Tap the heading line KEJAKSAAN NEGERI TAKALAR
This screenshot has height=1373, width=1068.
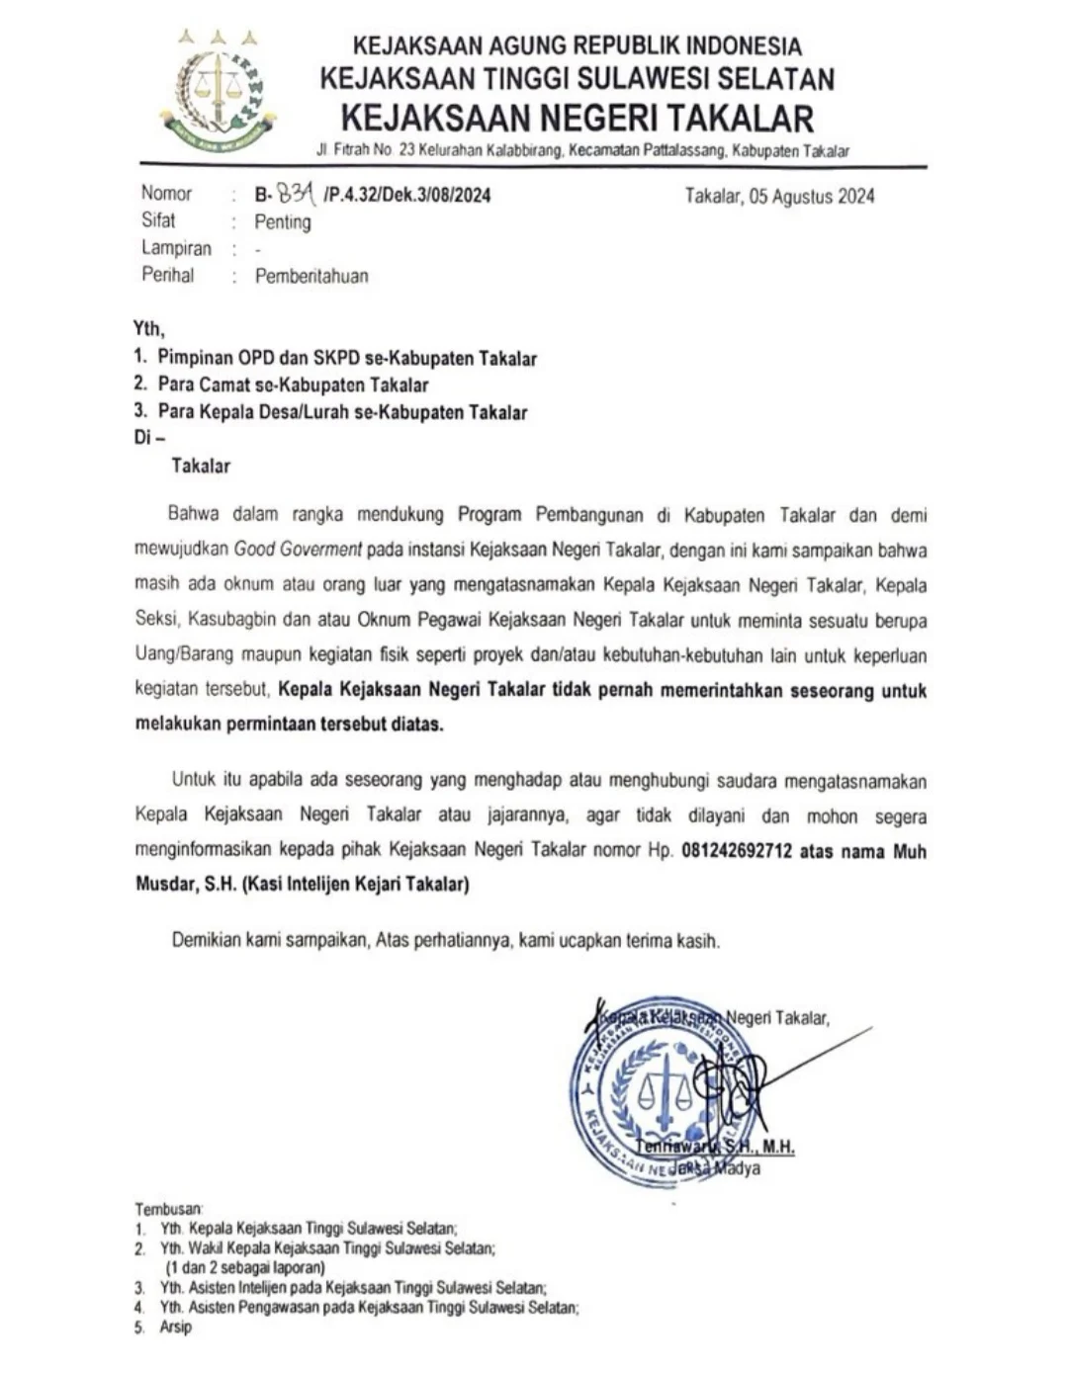(x=577, y=118)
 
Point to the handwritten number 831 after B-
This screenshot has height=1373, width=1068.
(x=296, y=193)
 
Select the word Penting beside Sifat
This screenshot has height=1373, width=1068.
(x=283, y=222)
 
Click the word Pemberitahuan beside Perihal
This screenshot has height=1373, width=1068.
(x=311, y=276)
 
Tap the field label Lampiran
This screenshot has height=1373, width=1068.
(x=176, y=249)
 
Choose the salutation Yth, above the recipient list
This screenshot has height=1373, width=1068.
(x=149, y=329)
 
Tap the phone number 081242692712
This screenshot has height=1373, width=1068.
(x=737, y=851)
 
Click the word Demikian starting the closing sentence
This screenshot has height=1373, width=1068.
(x=207, y=941)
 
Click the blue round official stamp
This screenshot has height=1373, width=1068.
(x=653, y=1092)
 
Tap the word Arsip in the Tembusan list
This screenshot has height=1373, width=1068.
(x=176, y=1328)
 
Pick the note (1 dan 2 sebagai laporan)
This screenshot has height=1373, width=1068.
(x=244, y=1267)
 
